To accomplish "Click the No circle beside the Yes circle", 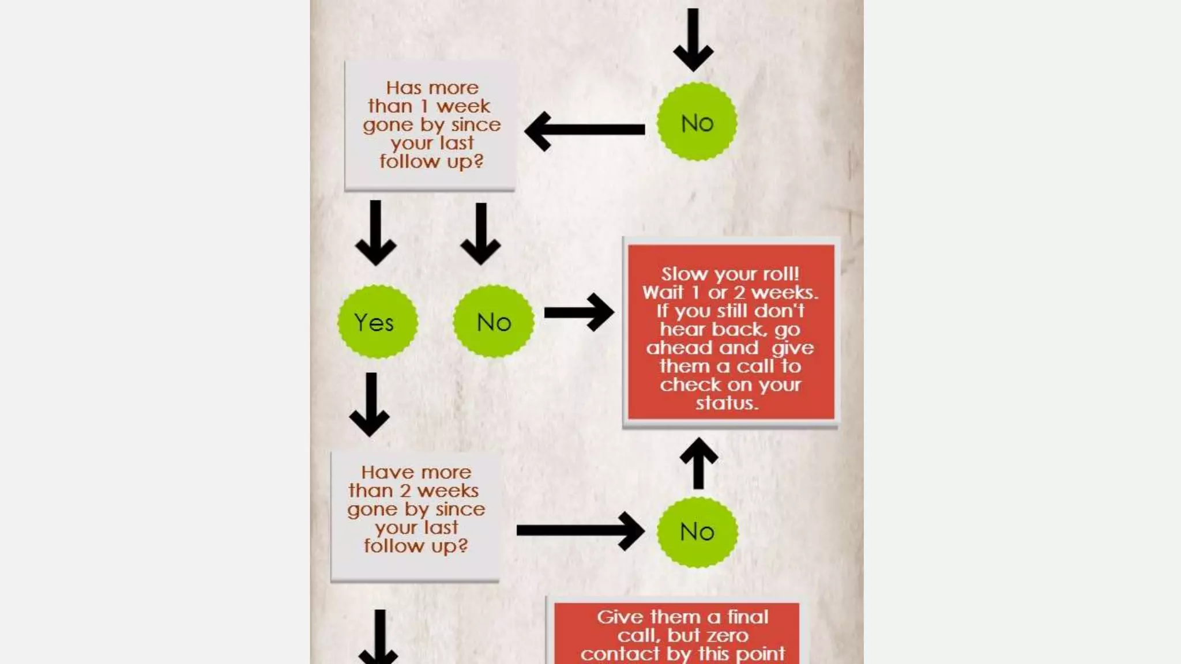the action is click(494, 322).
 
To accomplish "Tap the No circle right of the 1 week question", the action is click(697, 122).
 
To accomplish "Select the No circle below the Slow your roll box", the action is click(697, 531).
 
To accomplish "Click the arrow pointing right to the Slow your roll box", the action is click(579, 312).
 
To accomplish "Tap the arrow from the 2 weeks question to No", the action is click(580, 530).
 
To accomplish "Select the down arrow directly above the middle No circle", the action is click(481, 233).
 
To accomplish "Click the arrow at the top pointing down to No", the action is click(693, 39).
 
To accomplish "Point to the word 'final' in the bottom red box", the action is click(747, 617).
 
